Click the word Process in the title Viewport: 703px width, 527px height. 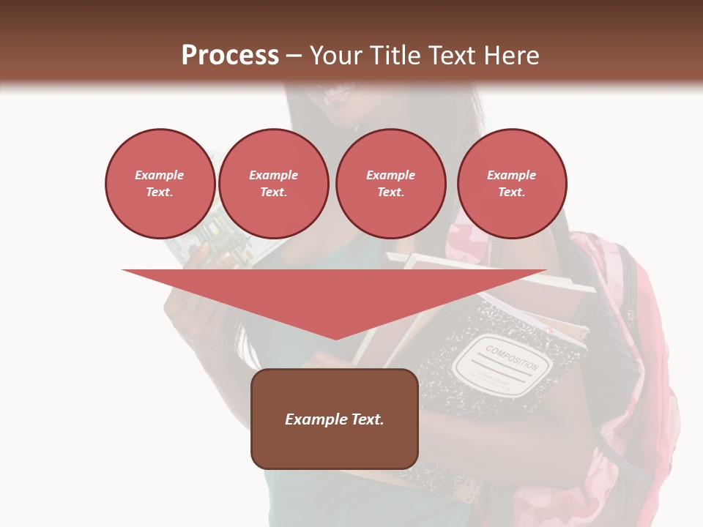230,56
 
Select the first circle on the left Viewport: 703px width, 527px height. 160,184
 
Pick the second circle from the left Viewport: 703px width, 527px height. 273,184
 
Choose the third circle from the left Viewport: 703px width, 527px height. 390,184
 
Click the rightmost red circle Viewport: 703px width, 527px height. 511,184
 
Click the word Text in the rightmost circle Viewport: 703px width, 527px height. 511,193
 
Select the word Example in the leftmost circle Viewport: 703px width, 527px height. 160,176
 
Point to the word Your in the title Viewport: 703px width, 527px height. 336,56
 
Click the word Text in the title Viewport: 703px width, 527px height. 452,56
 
